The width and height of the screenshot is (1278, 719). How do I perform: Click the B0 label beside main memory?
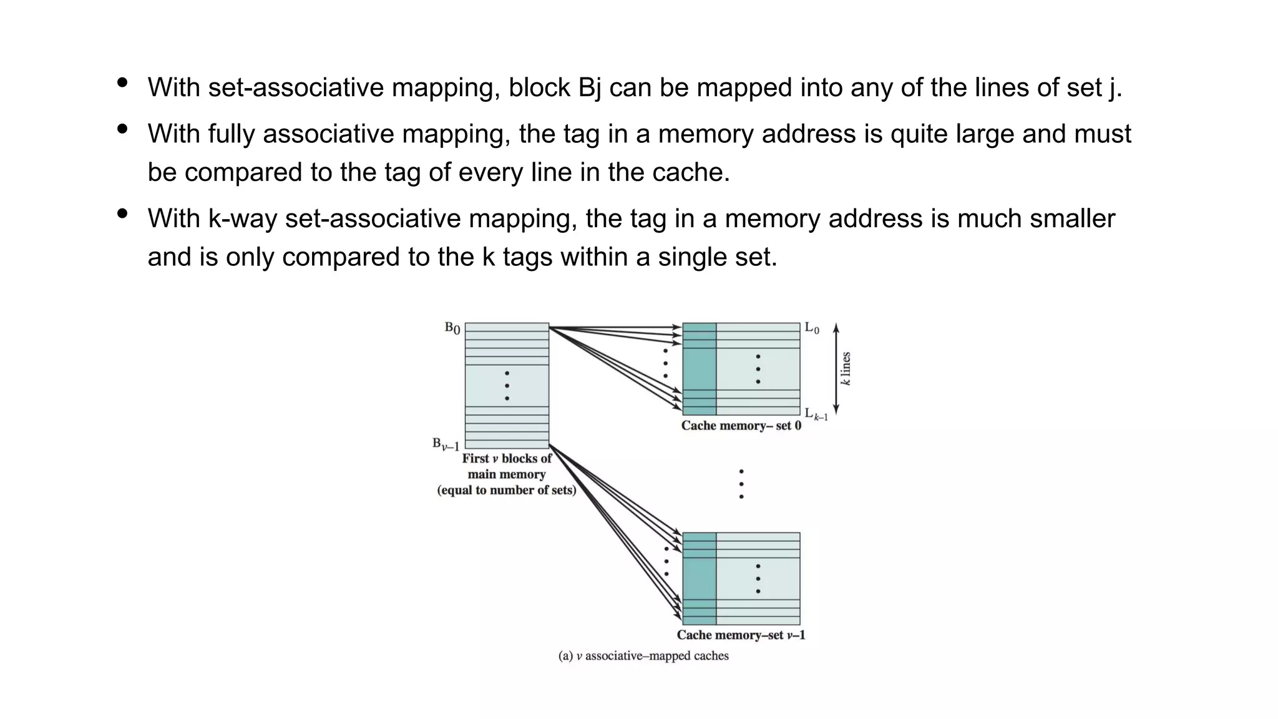452,328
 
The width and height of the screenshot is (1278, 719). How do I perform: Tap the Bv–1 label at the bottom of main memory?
446,444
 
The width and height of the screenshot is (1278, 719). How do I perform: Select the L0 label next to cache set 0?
812,328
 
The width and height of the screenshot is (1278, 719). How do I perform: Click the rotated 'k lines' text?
846,368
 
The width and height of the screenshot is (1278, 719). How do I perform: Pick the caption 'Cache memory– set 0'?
741,426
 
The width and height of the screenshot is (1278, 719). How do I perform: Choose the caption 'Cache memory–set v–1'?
741,635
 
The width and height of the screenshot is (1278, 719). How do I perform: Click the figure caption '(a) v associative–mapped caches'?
643,656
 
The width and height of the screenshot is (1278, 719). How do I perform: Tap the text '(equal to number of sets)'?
506,490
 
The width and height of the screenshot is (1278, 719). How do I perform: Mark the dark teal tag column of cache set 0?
699,368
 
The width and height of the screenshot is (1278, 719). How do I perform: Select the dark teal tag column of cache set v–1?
699,578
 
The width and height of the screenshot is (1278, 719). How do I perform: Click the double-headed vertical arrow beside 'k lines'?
836,368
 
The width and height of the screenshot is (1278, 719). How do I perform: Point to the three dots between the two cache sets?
741,484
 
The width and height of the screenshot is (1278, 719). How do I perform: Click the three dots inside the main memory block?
507,386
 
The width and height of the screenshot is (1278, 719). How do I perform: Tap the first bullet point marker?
122,82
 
